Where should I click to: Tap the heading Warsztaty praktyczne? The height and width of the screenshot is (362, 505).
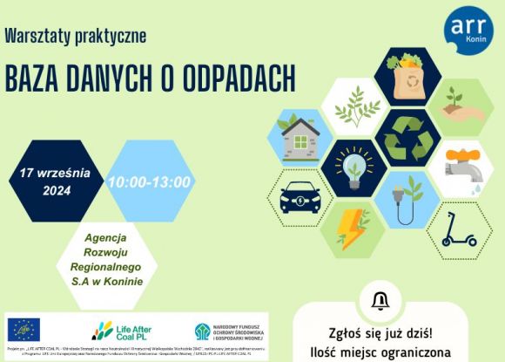75,37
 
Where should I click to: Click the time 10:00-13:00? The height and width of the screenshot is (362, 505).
149,182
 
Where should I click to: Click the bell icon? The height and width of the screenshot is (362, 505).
380,302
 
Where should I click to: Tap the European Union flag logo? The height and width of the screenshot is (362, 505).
24,331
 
